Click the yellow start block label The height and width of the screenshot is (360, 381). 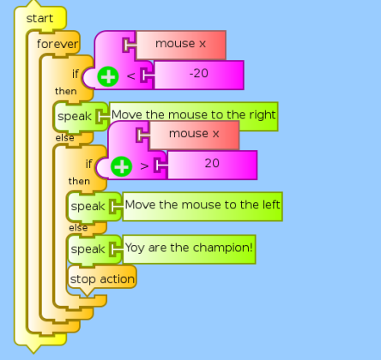point(39,19)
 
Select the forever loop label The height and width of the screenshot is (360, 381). point(57,44)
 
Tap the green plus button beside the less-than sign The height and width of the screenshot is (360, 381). point(108,76)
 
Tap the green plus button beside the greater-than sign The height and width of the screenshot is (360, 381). point(122,166)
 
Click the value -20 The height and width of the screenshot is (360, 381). point(199,74)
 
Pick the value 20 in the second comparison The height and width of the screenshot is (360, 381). point(212,164)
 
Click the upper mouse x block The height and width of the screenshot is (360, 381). point(181,45)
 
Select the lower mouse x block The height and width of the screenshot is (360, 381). point(194,135)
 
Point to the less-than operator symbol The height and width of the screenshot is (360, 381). point(130,76)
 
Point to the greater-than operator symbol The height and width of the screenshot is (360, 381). point(144,166)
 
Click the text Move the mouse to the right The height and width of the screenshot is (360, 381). point(193,115)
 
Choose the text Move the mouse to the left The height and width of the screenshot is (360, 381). point(203,205)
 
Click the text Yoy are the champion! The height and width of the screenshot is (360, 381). point(189,248)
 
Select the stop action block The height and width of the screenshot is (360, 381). point(102,279)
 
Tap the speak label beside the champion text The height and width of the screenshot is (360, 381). point(88,249)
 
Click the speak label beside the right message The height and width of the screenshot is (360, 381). point(75,117)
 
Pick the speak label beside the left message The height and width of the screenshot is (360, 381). point(88,207)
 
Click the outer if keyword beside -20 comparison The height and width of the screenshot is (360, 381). point(76,74)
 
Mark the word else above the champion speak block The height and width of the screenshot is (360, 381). point(78,228)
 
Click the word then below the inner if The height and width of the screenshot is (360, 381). point(79,181)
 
